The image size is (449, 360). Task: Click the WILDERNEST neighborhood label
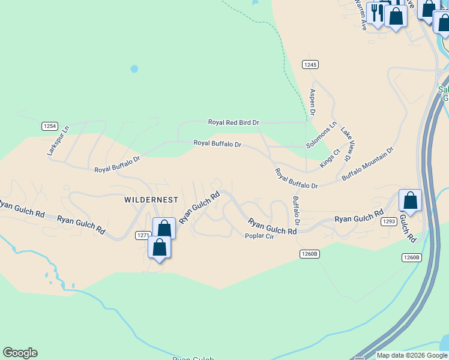(x=151, y=199)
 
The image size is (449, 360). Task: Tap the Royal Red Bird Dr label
(x=234, y=122)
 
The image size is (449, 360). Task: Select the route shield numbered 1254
(x=50, y=126)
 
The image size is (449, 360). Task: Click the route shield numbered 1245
(x=310, y=64)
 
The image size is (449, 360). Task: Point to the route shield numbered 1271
(x=143, y=235)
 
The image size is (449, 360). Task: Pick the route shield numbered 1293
(x=388, y=222)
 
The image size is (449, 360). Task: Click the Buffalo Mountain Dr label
(x=367, y=164)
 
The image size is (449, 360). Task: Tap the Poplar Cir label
(x=259, y=236)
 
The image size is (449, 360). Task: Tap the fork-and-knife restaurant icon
(x=378, y=13)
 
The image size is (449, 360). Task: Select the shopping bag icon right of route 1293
(x=410, y=200)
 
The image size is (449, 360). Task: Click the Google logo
(x=20, y=353)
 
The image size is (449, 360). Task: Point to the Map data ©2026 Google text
(x=412, y=355)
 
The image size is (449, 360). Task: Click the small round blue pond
(x=134, y=69)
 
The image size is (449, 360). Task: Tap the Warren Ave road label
(x=362, y=15)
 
